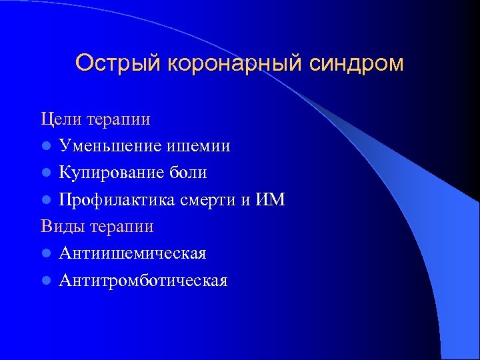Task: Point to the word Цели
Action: [61, 119]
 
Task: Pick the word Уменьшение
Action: [110, 146]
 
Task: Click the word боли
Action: [189, 173]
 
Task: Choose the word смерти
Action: [210, 200]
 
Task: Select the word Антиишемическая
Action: [133, 253]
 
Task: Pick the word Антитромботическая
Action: [143, 281]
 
